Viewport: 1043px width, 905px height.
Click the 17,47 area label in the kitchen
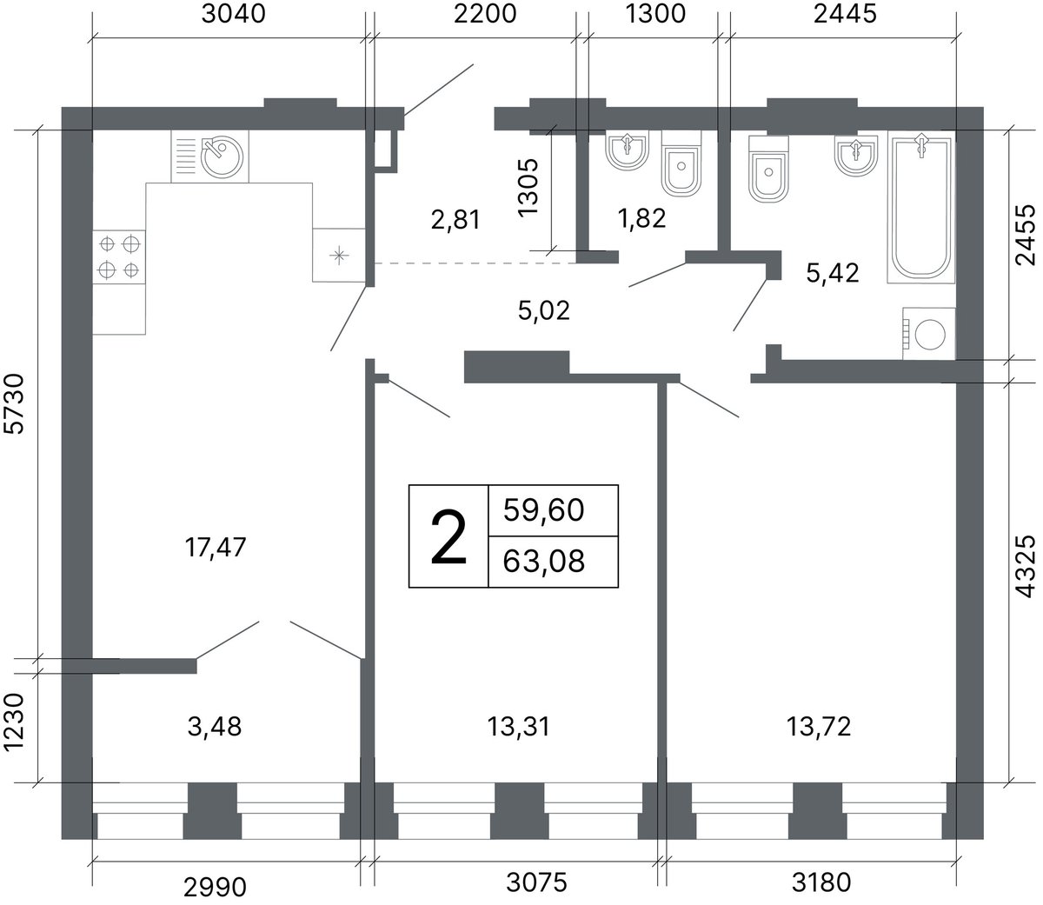(x=216, y=547)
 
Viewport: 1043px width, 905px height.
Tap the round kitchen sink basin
(x=223, y=156)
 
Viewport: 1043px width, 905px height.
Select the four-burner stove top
(x=119, y=256)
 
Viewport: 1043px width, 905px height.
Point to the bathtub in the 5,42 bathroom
(x=920, y=207)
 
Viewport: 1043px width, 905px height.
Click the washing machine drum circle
(x=930, y=335)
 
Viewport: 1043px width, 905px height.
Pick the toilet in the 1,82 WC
(x=681, y=164)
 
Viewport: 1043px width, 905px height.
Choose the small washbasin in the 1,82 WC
(x=628, y=150)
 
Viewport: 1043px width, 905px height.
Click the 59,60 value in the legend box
(x=544, y=509)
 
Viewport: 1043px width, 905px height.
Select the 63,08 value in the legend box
(x=544, y=561)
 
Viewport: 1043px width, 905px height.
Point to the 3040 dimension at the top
(x=234, y=14)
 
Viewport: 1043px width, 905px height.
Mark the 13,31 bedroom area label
(x=519, y=727)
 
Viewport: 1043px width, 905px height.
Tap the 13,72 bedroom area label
(x=819, y=727)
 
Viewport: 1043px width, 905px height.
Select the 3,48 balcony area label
(x=215, y=727)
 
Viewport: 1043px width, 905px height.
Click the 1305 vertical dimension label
(x=528, y=188)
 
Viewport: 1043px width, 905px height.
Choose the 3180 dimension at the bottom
(x=821, y=882)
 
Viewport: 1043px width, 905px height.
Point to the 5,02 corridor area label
(x=544, y=310)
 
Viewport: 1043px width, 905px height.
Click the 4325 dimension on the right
(x=1025, y=566)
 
